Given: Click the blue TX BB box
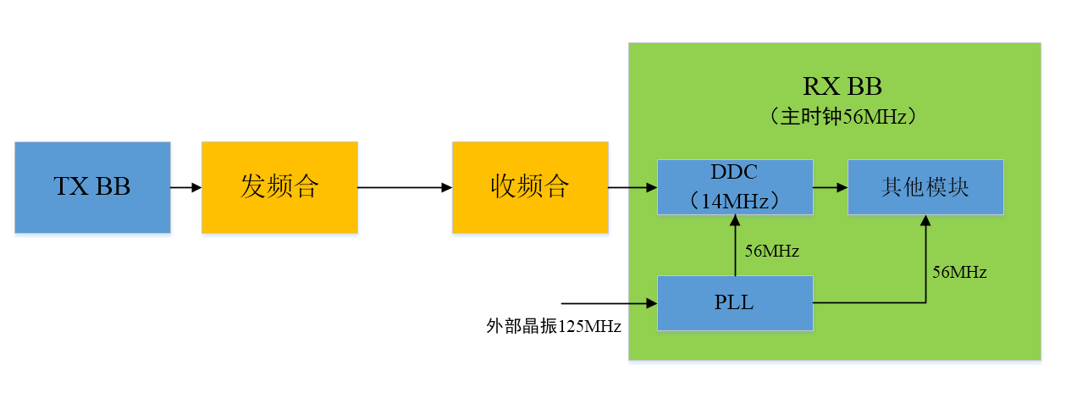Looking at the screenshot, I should coord(92,187).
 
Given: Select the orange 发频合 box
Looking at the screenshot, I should coord(279,187).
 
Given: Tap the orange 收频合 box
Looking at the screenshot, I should coord(530,187).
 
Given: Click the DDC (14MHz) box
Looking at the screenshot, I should coord(735,186).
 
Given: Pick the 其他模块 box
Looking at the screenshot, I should coord(925,186).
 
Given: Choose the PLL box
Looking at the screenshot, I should coord(735,302).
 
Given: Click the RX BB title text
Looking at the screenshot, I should coord(842,86).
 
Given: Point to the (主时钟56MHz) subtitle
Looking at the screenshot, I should coord(842,117).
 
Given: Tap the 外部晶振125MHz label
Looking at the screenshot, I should coord(554,326).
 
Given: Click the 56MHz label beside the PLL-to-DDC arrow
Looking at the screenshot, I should coord(771,251).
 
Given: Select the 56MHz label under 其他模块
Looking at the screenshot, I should coord(959,273).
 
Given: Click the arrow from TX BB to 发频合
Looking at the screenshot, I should coord(185,187).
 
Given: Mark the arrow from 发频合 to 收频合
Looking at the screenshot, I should coord(405,187).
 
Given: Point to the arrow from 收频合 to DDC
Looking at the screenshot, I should coord(632,187).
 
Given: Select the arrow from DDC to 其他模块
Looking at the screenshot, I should coord(830,187).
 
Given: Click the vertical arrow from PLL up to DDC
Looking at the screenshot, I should coord(735,246).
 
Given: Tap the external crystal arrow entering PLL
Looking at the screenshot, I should coord(609,302).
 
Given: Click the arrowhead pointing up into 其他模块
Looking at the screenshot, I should coord(926,219).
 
